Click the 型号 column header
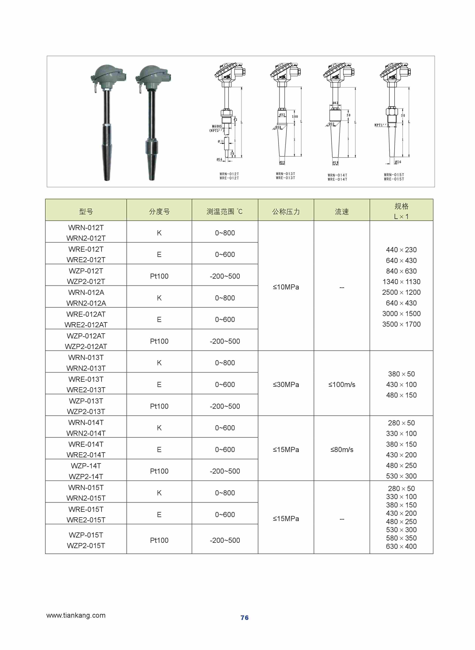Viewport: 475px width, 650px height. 86,212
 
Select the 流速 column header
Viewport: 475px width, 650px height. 342,212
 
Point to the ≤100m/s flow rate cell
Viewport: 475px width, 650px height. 342,385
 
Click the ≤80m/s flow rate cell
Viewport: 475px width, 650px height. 342,450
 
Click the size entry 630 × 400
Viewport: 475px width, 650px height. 401,546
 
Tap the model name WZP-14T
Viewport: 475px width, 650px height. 86,466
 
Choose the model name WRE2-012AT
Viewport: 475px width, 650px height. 86,325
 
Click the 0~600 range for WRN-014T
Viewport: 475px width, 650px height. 225,428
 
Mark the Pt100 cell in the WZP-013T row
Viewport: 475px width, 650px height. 159,406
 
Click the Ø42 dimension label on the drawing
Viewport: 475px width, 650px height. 335,103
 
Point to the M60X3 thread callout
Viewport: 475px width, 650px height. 217,126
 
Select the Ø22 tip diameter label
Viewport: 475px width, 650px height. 282,163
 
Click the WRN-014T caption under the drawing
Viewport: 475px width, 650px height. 337,175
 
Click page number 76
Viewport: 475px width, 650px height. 244,617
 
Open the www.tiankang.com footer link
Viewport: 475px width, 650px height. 76,615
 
